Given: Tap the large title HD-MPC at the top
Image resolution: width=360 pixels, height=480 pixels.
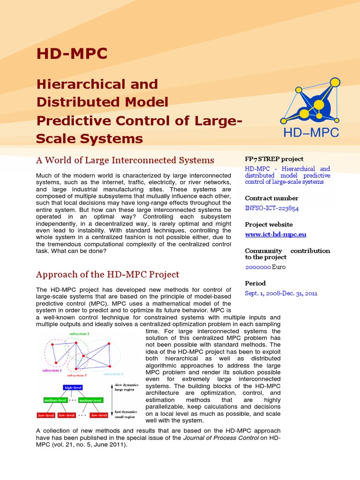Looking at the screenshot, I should coord(72,54).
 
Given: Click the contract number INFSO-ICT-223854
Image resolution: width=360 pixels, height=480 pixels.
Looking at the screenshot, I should coord(272,208).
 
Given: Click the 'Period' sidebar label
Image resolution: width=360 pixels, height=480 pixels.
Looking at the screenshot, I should coord(255,283).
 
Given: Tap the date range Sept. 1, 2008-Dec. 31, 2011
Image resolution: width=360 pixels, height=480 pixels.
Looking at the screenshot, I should coord(281,293).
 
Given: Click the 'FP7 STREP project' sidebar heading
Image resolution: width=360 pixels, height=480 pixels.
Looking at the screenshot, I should coord(274,159).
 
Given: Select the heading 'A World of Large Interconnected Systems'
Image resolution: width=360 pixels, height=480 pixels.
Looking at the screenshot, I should coord(125,160).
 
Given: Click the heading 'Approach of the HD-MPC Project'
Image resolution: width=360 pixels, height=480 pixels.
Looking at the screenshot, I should coord(108,274).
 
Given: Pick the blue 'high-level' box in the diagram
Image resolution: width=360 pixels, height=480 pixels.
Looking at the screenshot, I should coord(76,387).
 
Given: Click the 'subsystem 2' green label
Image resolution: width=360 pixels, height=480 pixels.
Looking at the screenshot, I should coord(79,334).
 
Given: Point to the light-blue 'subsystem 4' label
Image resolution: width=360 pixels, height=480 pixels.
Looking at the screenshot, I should coord(113,374).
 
